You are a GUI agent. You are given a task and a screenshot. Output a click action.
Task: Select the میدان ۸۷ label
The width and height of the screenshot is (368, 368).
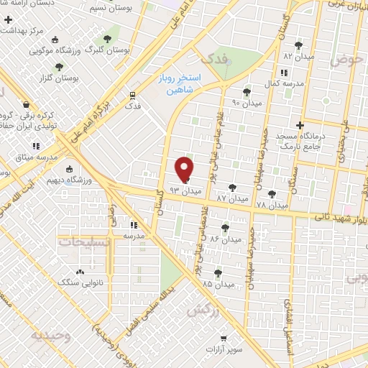[x=231, y=197]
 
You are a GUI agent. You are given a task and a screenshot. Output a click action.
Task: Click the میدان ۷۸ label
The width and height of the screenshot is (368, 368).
[x=271, y=205]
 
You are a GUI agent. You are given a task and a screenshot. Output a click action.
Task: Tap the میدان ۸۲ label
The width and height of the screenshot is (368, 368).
[x=299, y=55]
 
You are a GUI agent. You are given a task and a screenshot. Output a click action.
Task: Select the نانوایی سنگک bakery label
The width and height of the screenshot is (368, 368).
[x=101, y=283]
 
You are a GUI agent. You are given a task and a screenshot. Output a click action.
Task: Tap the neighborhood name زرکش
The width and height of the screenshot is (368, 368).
[x=202, y=310]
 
